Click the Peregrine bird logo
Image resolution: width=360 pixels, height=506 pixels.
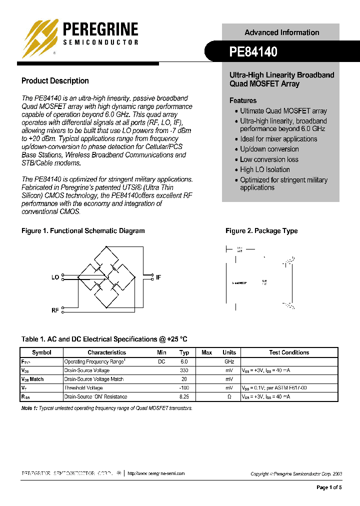tap(39, 38)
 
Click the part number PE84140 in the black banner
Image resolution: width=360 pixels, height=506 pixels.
tap(253, 51)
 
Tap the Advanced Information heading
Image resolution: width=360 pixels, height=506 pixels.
tap(281, 32)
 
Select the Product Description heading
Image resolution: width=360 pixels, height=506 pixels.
tap(55, 81)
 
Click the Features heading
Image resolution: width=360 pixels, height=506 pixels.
tap(243, 100)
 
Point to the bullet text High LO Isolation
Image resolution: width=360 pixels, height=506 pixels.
tap(264, 169)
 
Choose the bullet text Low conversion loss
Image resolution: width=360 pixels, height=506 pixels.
tap(269, 159)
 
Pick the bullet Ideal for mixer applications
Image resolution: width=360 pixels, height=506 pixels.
tap(278, 139)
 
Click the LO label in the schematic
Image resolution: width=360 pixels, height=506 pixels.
tap(55, 277)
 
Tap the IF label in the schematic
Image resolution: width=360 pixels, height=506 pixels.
tap(158, 277)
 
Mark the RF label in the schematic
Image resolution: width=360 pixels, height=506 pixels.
tap(55, 310)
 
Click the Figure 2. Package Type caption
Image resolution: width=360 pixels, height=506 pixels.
tap(261, 231)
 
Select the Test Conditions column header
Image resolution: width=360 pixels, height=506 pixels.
tap(289, 352)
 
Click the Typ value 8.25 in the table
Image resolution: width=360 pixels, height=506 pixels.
tap(184, 396)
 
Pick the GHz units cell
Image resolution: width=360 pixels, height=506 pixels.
tap(229, 361)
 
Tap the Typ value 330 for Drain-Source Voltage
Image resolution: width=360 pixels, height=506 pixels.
tap(184, 370)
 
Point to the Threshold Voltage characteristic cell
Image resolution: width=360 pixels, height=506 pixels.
tap(83, 388)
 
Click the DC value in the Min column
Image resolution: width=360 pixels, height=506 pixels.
tap(161, 361)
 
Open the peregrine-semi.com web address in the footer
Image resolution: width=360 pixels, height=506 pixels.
tap(156, 473)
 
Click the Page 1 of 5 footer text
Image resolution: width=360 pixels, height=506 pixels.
tap(329, 487)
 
